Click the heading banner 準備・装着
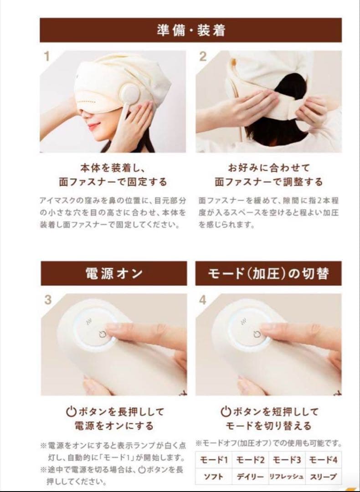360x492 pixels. click(x=190, y=30)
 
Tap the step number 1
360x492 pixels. click(x=46, y=57)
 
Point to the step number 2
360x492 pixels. click(x=203, y=57)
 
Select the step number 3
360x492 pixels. click(x=48, y=300)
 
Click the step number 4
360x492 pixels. click(x=203, y=300)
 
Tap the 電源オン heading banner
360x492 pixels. click(x=113, y=273)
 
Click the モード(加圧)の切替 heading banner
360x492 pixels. click(x=268, y=273)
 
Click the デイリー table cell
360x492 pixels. click(x=250, y=477)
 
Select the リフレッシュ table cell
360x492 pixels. click(x=286, y=477)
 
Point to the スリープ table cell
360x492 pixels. click(x=323, y=477)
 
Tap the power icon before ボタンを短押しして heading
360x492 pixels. click(x=226, y=412)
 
